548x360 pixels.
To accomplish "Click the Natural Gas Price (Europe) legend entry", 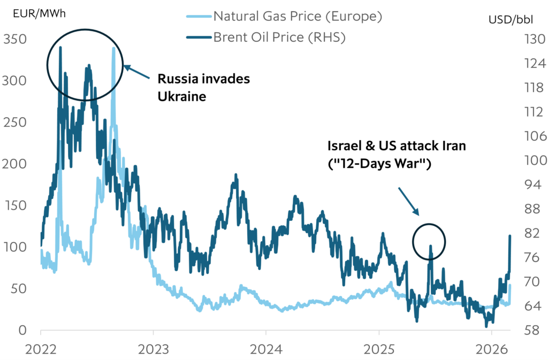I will (x=297, y=16).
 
